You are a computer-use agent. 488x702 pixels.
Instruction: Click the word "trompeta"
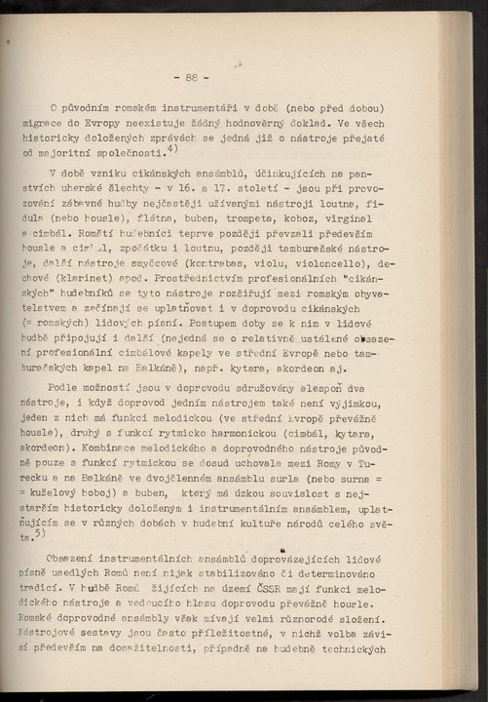tap(258, 220)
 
